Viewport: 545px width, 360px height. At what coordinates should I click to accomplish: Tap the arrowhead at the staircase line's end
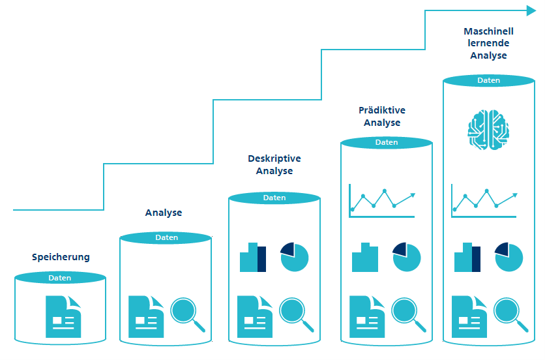coord(530,10)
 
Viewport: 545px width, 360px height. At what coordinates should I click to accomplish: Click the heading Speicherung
coord(61,257)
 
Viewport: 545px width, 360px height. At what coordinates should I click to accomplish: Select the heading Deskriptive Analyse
coord(274,164)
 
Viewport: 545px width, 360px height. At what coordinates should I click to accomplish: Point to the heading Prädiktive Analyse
coord(382,117)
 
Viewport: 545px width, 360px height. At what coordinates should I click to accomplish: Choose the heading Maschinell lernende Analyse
coord(488,43)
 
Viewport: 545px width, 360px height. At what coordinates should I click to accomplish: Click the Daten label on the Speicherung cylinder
coord(60,278)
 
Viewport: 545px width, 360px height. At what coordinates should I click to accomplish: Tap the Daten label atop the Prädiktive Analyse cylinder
coord(387,142)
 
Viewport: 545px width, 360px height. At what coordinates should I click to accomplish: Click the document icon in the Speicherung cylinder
coord(63,316)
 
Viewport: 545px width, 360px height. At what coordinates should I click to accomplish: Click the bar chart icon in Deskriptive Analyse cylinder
coord(253,258)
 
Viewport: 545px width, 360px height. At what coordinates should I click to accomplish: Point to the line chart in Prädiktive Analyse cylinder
coord(382,200)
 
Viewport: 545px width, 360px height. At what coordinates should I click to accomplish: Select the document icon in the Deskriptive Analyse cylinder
coord(254,316)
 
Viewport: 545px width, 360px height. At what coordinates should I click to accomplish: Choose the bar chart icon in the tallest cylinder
coord(467,258)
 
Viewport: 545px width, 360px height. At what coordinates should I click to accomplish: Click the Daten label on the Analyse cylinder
coord(167,238)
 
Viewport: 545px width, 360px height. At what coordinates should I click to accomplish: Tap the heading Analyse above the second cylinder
coord(164,213)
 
